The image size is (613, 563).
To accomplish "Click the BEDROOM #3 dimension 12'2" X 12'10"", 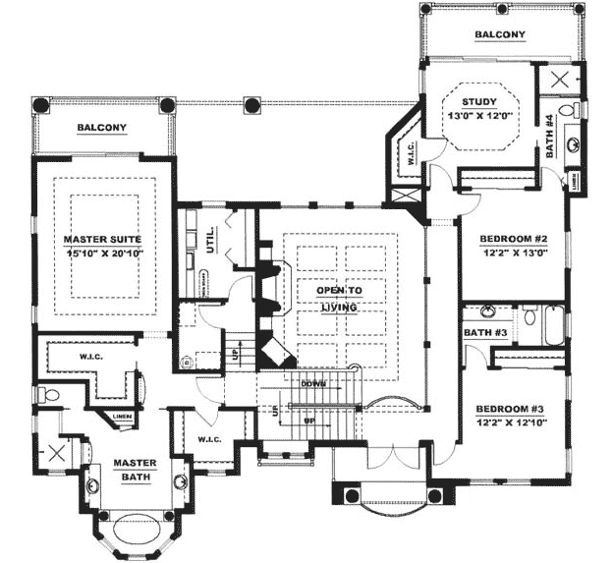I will point(512,423).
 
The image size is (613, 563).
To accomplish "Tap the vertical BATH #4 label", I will point(550,137).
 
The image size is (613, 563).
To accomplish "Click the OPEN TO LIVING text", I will point(336,299).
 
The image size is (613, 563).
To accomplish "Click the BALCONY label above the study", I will point(500,35).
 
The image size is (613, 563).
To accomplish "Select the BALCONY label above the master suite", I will point(102,128).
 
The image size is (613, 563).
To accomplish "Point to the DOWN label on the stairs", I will point(313,384).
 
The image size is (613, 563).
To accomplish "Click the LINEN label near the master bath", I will point(122,417).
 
